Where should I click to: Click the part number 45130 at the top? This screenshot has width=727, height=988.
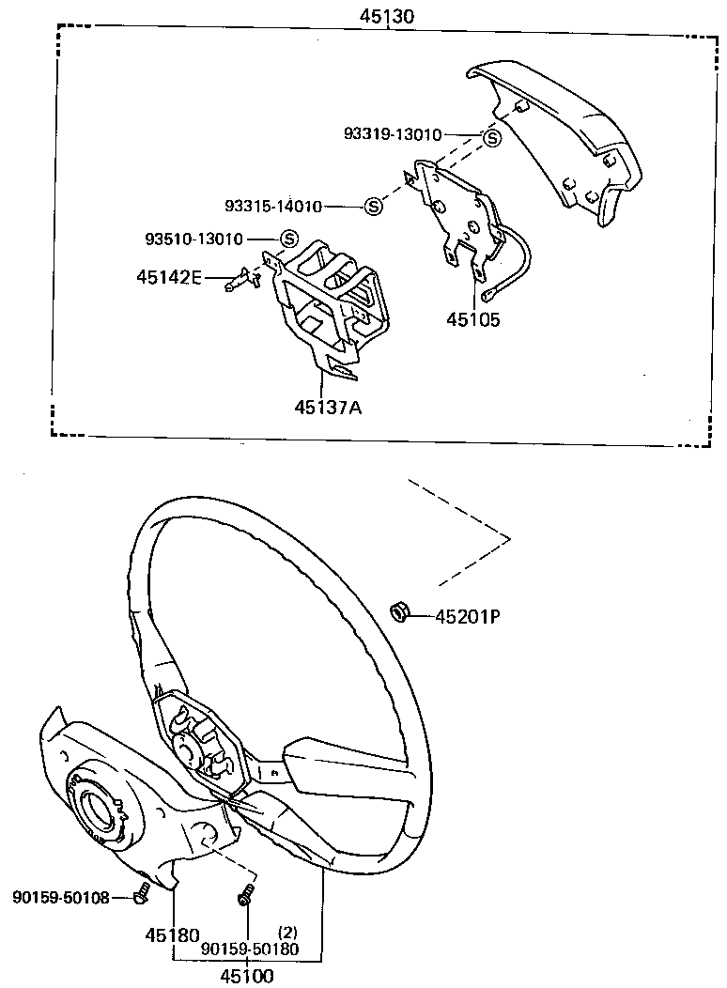(x=385, y=17)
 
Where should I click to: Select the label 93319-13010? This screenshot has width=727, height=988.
(x=392, y=135)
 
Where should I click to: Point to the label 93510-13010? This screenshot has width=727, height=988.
(x=193, y=239)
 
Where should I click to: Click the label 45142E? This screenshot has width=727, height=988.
(x=169, y=277)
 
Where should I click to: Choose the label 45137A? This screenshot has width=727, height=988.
(x=328, y=408)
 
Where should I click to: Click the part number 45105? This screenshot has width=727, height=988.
(x=473, y=319)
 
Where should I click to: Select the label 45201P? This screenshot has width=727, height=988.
(x=466, y=617)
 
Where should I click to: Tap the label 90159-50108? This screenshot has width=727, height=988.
(x=61, y=898)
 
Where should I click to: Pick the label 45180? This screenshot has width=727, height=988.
(x=172, y=935)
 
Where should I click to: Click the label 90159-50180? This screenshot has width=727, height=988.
(x=250, y=949)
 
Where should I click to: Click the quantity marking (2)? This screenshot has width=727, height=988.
(x=287, y=933)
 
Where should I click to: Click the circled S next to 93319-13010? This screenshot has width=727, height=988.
(x=491, y=138)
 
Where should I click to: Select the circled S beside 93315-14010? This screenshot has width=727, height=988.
(x=373, y=206)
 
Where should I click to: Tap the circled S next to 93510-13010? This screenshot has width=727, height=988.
(x=288, y=239)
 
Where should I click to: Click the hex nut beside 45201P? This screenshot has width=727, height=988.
(x=398, y=613)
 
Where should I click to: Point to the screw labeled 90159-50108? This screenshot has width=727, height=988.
(x=142, y=893)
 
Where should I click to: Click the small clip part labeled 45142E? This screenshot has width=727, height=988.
(x=240, y=279)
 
